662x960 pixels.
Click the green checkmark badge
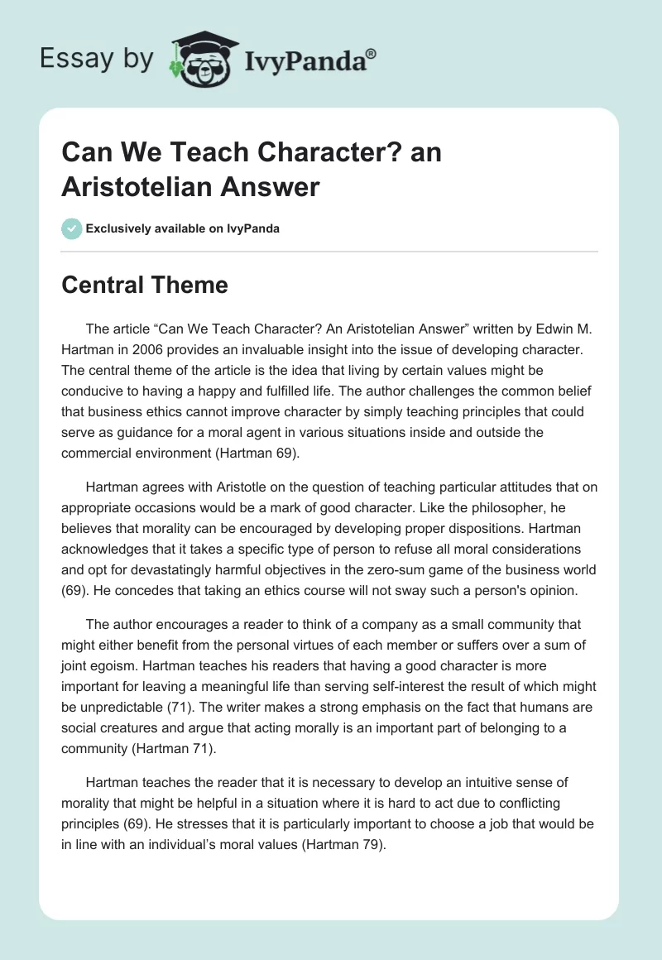(72, 228)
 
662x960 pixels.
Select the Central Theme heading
(145, 285)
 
